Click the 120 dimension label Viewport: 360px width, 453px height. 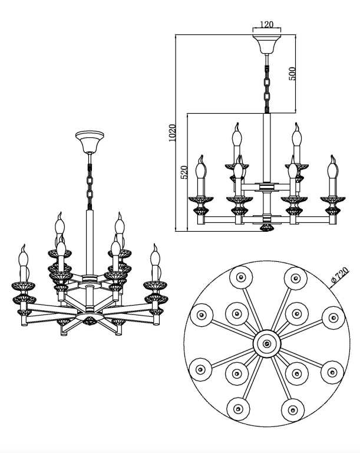point(266,25)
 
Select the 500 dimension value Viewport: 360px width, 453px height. point(291,73)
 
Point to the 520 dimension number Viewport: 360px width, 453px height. point(183,172)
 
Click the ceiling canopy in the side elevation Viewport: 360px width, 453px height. point(266,44)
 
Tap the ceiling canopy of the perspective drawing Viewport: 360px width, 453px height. point(90,142)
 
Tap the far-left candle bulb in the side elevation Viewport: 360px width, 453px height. point(200,170)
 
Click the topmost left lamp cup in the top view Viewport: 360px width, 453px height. point(240,277)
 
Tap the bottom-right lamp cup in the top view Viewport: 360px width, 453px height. point(292,408)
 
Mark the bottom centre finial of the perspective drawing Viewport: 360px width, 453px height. point(90,320)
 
